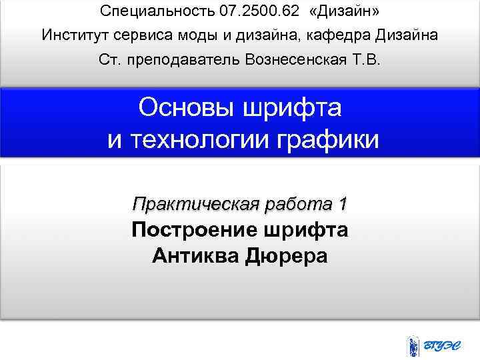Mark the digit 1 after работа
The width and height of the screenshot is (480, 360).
(342, 203)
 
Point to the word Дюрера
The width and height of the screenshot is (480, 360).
(287, 255)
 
